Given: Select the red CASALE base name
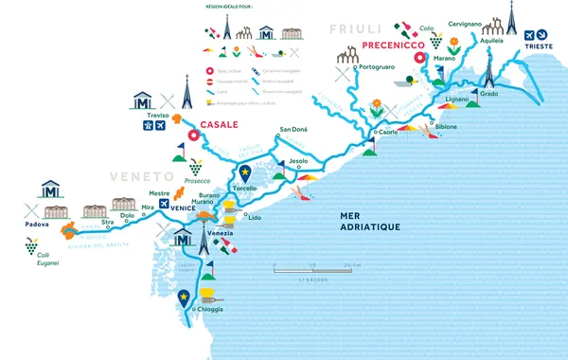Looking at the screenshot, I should [x=220, y=124].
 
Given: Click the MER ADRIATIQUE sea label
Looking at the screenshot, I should [x=370, y=221].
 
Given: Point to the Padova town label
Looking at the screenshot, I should [x=38, y=225].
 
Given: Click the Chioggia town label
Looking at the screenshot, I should [x=211, y=310].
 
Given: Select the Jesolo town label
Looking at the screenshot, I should [x=298, y=162].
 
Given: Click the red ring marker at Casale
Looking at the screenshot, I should [x=192, y=135].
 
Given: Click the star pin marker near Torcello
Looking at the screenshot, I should [x=245, y=172].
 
